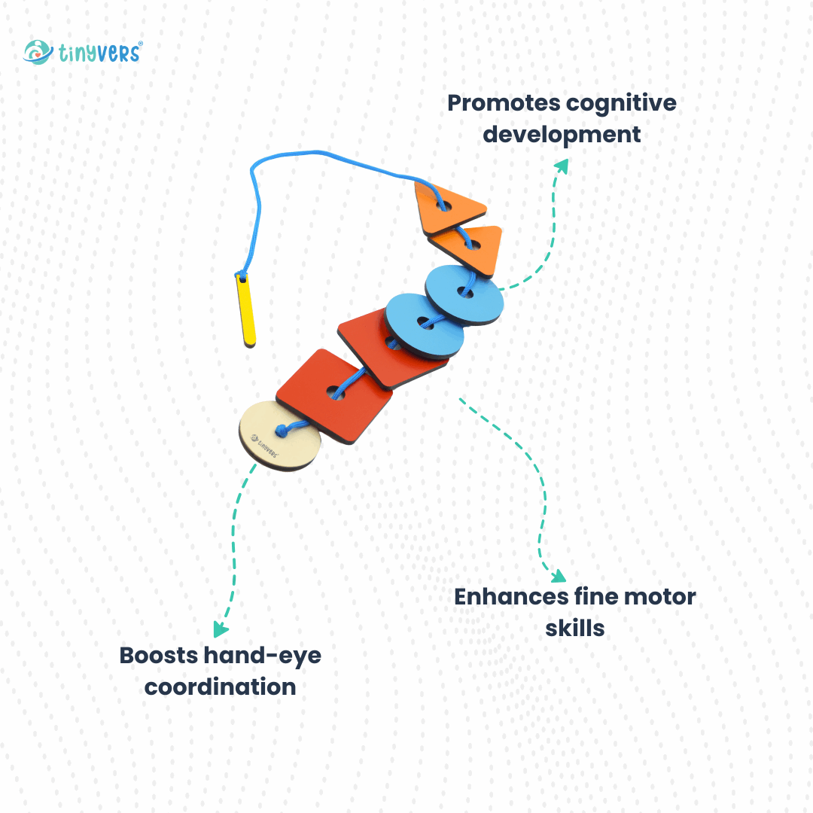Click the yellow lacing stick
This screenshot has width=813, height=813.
pyautogui.click(x=246, y=310)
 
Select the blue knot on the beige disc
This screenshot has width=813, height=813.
pyautogui.click(x=282, y=431)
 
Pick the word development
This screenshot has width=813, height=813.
pyautogui.click(x=562, y=135)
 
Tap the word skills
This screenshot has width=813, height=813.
pyautogui.click(x=575, y=628)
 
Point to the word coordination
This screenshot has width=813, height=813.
pyautogui.click(x=220, y=687)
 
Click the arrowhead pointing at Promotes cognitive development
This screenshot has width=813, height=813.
pyautogui.click(x=562, y=165)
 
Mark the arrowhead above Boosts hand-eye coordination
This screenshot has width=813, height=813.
pyautogui.click(x=221, y=630)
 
